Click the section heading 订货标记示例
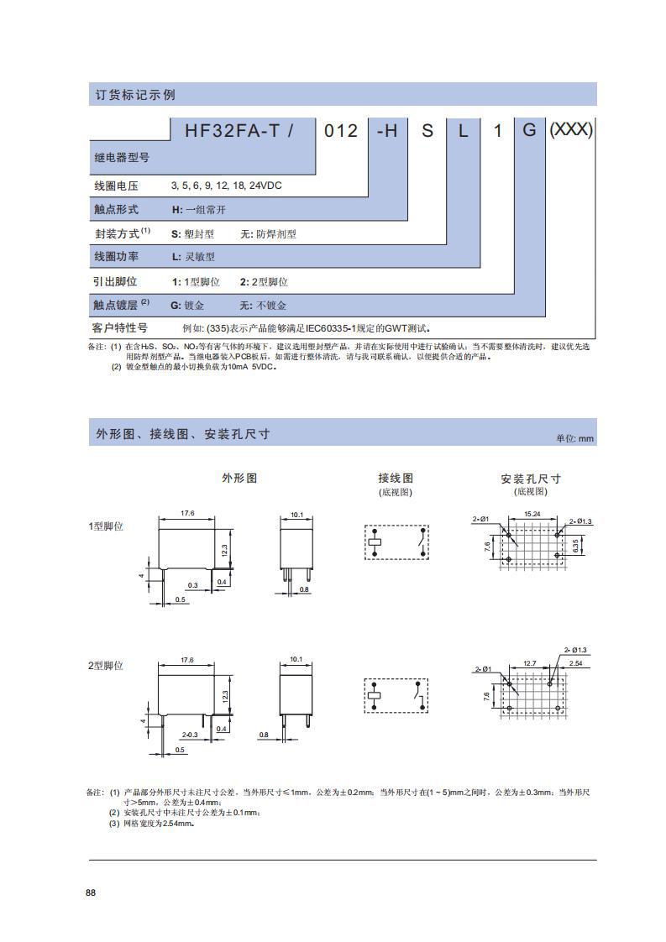click(134, 95)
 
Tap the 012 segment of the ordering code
click(342, 131)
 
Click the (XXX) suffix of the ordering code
click(571, 130)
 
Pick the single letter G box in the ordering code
click(529, 131)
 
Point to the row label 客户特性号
click(119, 327)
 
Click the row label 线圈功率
click(115, 257)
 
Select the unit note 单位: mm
click(574, 438)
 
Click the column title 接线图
click(396, 478)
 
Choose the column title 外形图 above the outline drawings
click(239, 478)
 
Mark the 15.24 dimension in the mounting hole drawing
click(532, 514)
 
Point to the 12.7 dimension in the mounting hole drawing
click(529, 663)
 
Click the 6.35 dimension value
click(575, 546)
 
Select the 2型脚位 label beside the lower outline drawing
click(106, 665)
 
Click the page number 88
click(91, 892)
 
